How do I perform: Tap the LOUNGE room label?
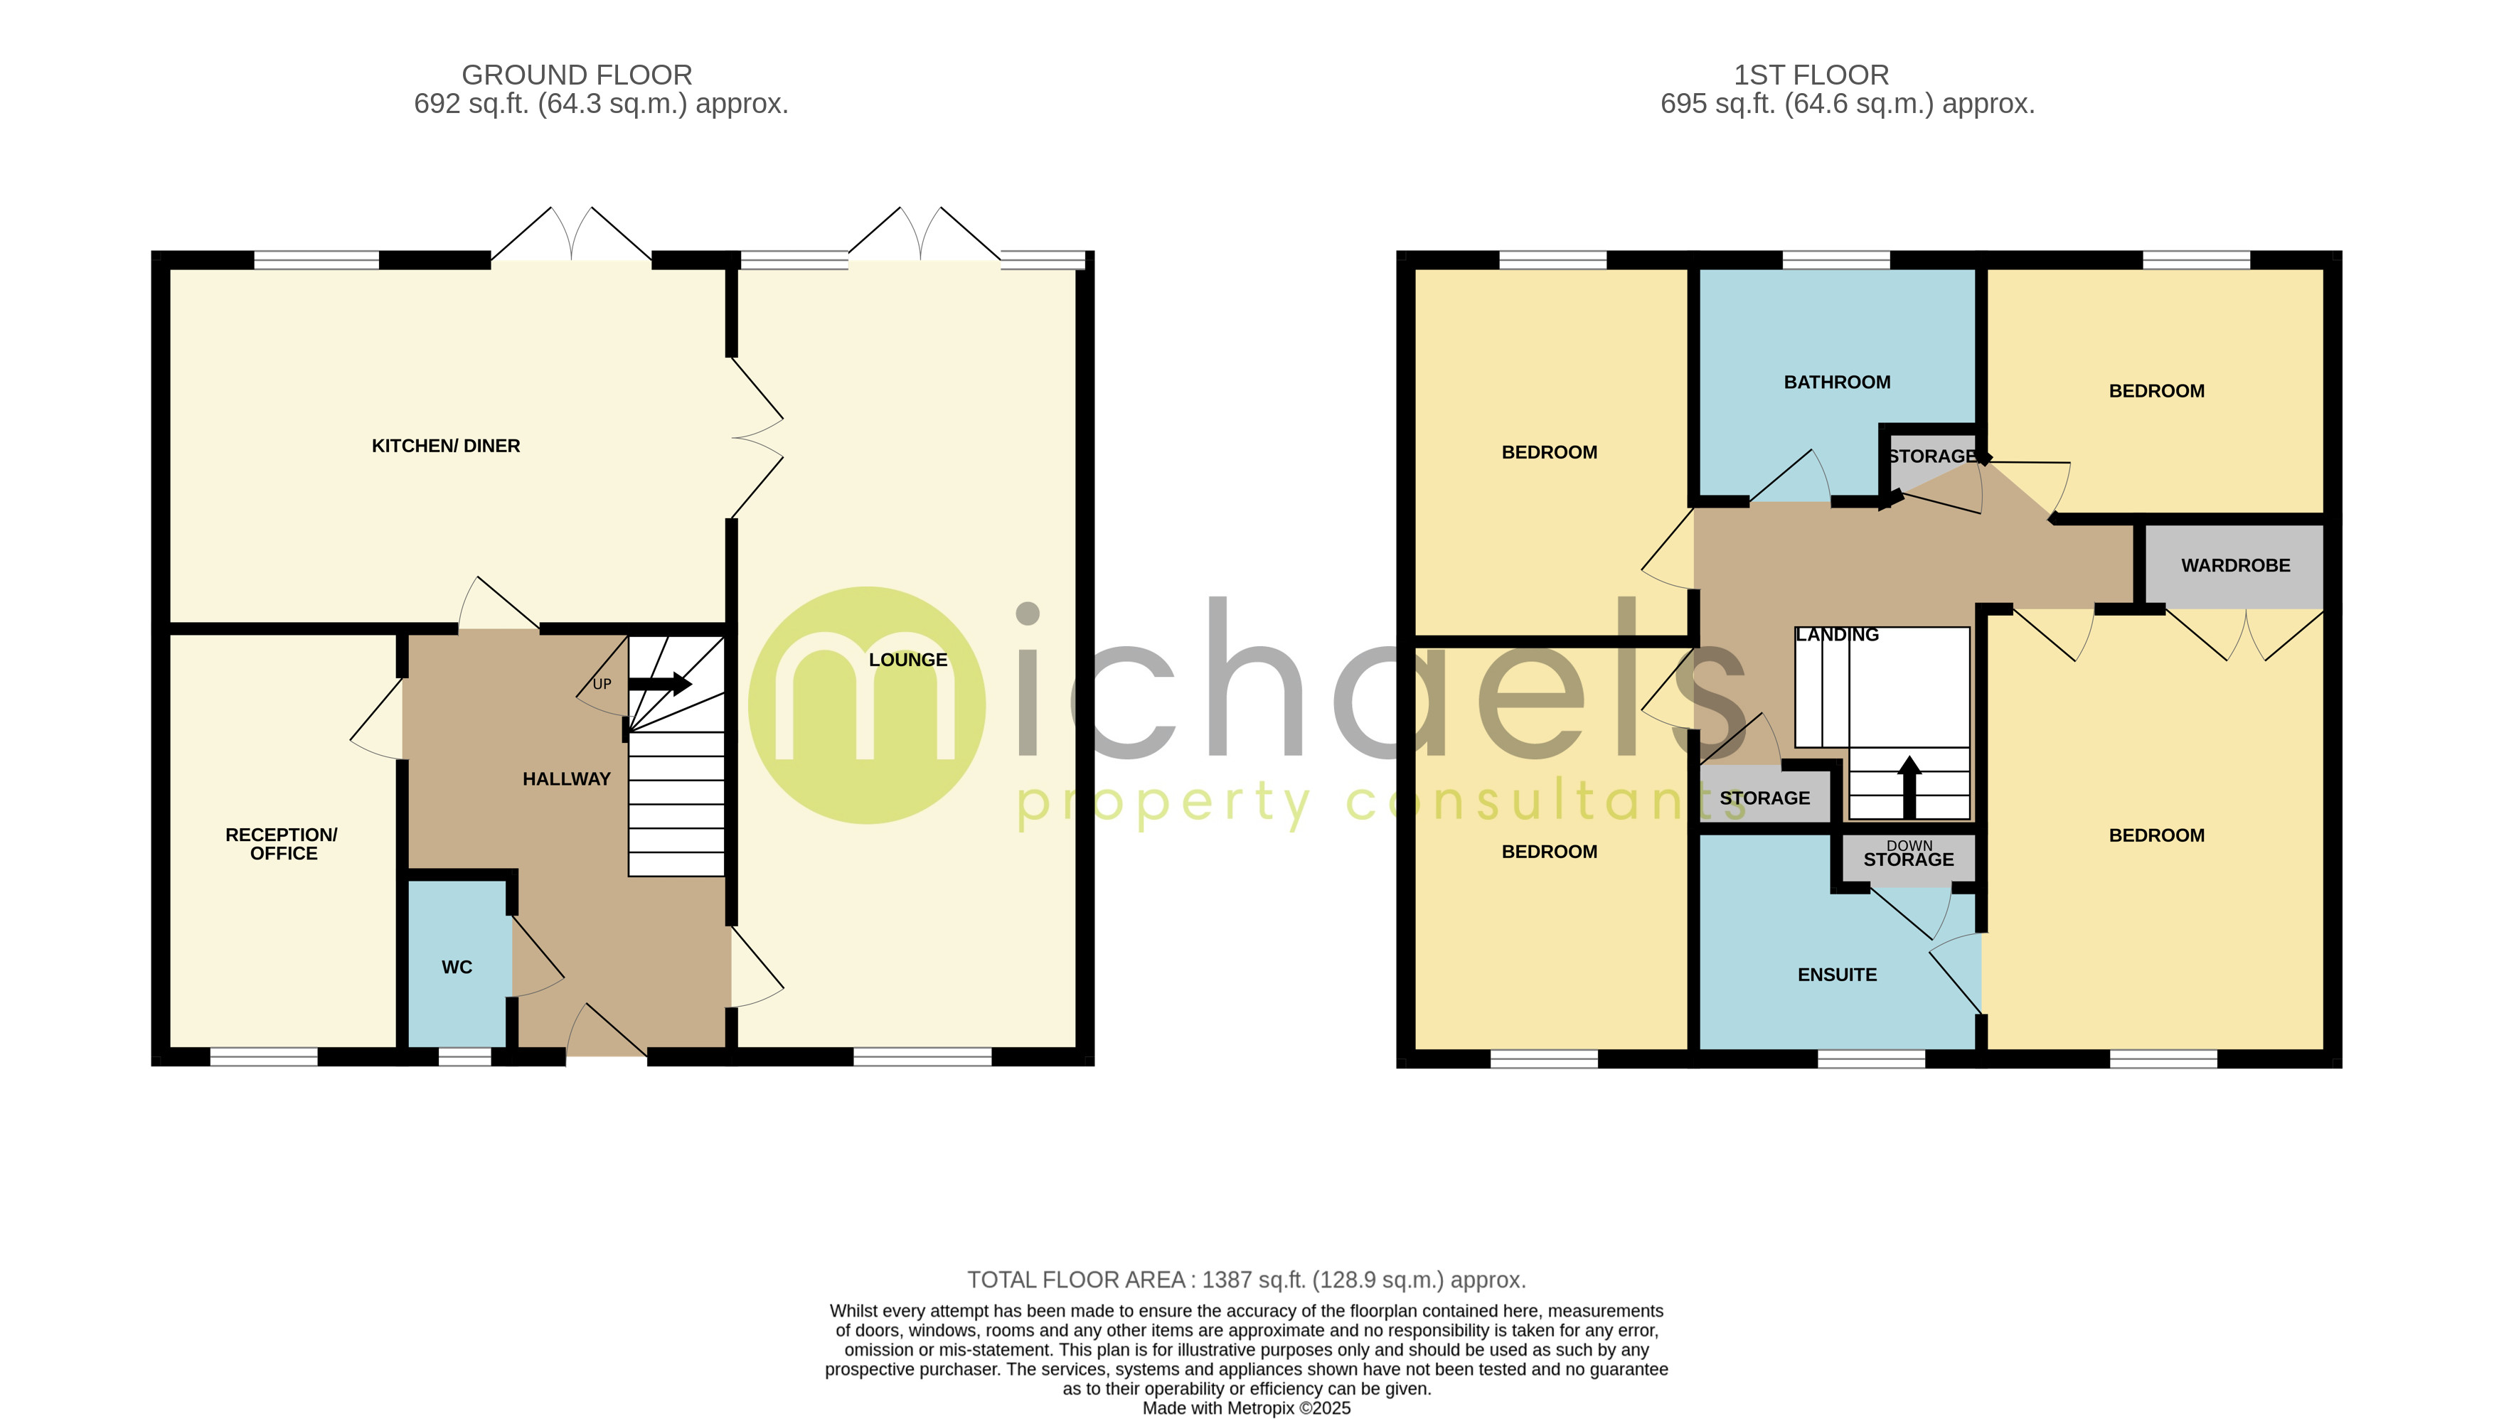tap(907, 660)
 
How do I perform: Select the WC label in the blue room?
tap(456, 967)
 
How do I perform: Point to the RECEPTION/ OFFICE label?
tap(282, 844)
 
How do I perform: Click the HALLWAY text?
tap(566, 778)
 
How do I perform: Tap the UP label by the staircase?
tap(602, 684)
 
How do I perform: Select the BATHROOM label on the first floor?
tap(1836, 382)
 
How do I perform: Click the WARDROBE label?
tap(2234, 565)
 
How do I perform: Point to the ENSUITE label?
tap(1836, 975)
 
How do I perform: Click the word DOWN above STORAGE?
tap(1908, 845)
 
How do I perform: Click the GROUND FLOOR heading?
tap(577, 75)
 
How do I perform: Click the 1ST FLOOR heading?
tap(1811, 75)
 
